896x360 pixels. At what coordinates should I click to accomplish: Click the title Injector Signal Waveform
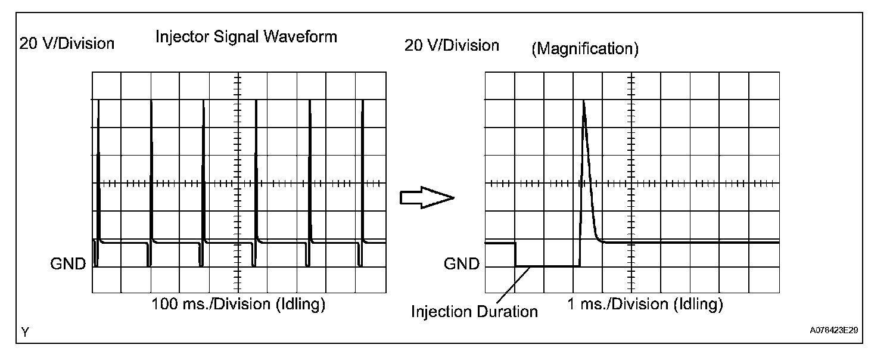click(246, 37)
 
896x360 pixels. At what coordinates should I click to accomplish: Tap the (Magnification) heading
click(584, 49)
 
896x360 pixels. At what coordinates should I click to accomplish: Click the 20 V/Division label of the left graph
click(67, 44)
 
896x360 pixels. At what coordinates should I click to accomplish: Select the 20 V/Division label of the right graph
click(452, 45)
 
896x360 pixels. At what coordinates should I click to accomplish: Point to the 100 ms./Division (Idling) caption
click(239, 305)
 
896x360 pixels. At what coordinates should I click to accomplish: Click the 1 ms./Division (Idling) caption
click(645, 305)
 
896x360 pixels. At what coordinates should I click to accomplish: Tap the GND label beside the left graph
click(69, 264)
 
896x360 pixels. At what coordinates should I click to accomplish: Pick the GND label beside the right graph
click(462, 264)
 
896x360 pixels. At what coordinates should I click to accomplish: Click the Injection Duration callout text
click(474, 312)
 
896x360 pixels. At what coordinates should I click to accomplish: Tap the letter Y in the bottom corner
click(25, 333)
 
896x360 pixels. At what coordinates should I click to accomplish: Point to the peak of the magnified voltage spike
click(584, 102)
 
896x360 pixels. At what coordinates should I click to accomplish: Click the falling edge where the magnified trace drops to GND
click(516, 255)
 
